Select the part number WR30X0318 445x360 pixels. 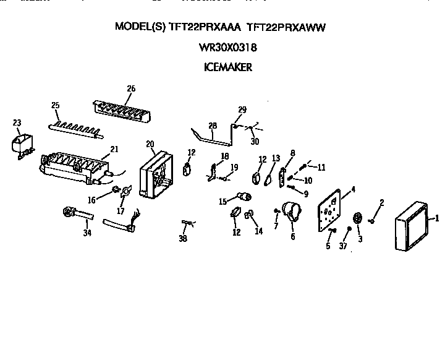[x=227, y=48]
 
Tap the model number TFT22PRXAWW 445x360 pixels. [x=286, y=27]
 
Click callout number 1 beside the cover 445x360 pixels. [x=436, y=218]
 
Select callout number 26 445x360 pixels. [x=130, y=89]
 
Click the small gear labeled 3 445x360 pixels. [x=357, y=218]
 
